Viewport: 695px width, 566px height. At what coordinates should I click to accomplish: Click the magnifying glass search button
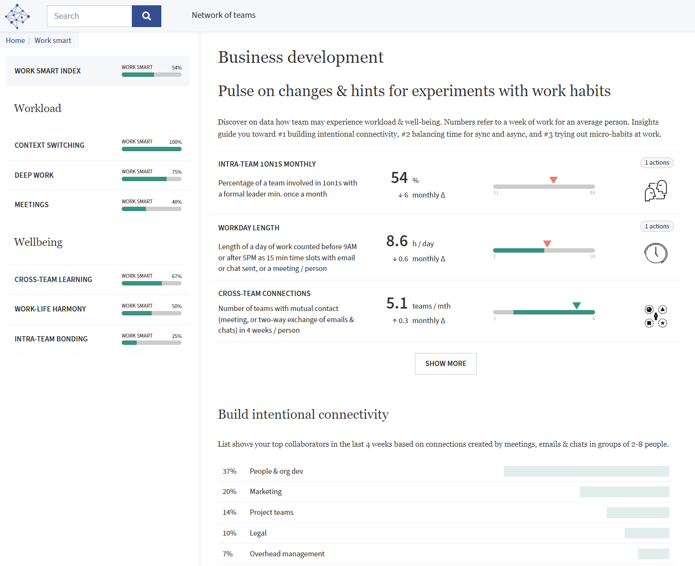coord(146,16)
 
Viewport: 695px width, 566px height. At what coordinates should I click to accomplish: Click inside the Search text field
coord(89,16)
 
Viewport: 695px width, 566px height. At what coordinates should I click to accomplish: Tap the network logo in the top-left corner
coord(17,16)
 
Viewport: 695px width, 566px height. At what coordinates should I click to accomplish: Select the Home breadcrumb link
coord(15,41)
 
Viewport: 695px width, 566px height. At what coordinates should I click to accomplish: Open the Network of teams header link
coord(224,15)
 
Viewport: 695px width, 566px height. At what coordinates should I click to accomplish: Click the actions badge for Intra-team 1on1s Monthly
coord(656,163)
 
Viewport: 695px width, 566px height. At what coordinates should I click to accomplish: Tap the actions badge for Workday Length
coord(656,226)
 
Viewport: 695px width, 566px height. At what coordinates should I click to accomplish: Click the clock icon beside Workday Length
coord(655,253)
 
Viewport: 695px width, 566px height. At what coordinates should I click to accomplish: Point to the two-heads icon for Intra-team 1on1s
coord(655,191)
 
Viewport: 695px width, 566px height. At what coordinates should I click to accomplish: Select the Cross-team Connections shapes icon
coord(655,316)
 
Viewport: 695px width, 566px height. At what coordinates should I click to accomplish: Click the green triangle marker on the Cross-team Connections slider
coord(576,306)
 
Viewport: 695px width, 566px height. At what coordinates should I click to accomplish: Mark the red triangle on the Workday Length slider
coord(547,244)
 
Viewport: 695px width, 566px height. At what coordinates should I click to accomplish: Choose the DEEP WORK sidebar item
coord(34,175)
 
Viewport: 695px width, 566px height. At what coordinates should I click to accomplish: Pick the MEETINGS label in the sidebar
coord(32,205)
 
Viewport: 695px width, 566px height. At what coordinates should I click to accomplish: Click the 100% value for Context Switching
coord(175,142)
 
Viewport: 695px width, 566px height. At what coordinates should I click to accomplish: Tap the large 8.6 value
coord(397,241)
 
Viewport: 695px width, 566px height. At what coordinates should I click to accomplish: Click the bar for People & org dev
coord(586,471)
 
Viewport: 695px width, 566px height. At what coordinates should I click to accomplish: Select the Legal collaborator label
coord(258,533)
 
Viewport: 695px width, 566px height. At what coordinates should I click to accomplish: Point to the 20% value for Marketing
coord(229,492)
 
